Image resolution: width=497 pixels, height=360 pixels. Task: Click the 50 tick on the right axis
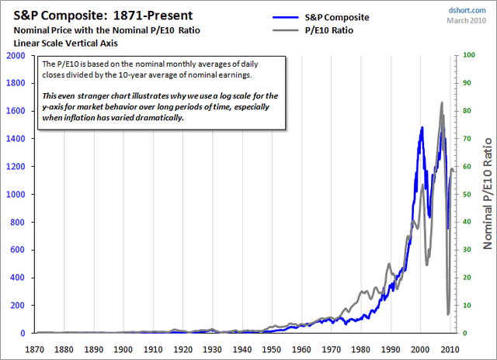coord(467,195)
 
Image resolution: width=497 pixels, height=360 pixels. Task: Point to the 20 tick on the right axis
coord(467,278)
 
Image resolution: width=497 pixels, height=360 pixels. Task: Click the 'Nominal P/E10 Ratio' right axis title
coord(488,194)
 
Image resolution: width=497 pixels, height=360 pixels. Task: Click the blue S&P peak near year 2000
coord(422,127)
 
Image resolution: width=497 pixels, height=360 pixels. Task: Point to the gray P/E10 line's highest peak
coord(442,102)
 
